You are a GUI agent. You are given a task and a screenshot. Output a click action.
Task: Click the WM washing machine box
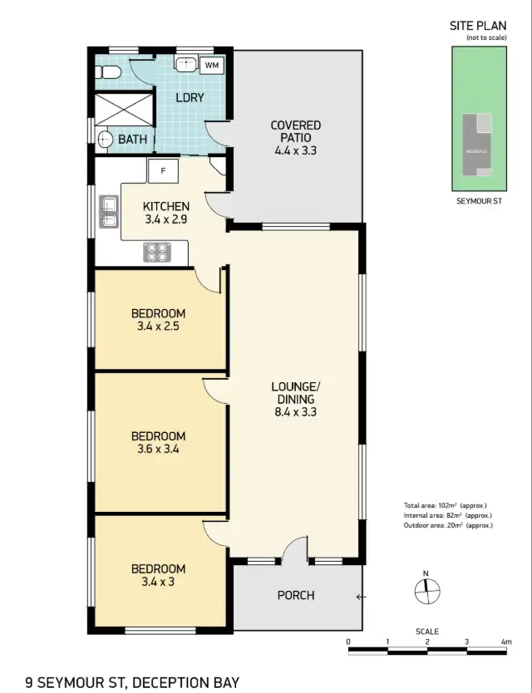(211, 65)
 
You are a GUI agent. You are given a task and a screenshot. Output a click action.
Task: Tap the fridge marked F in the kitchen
(163, 171)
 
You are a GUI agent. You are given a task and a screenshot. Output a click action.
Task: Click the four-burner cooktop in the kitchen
(155, 251)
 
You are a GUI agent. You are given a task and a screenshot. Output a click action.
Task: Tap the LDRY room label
(190, 98)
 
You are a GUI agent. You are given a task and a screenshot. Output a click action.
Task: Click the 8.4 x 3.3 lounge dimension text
(295, 410)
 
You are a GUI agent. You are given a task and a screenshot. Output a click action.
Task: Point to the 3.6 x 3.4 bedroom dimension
(158, 450)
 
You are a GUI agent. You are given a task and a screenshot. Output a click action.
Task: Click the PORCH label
(296, 595)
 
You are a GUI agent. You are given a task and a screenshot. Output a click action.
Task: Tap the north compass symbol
(426, 591)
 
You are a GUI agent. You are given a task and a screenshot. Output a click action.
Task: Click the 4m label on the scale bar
(506, 642)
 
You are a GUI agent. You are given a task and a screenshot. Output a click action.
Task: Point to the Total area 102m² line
(445, 505)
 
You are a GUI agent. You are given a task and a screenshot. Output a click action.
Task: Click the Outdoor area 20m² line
(448, 525)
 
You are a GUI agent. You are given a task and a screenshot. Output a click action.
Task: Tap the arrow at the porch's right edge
(359, 596)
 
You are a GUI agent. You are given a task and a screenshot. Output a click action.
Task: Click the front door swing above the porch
(294, 550)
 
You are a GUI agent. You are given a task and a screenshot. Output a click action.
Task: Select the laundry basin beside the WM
(185, 64)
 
